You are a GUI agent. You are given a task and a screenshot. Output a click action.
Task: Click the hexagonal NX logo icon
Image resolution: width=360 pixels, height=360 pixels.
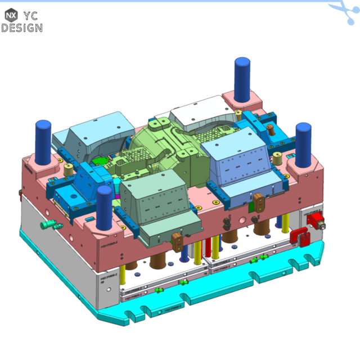tap(11, 15)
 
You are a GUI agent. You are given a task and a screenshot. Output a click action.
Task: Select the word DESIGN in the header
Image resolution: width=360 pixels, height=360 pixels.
tap(21, 28)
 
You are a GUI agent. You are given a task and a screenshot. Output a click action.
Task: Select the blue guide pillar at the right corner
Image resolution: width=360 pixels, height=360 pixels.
tap(304, 144)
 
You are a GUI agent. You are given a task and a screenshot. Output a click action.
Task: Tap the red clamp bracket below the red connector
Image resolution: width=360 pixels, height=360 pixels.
tap(301, 237)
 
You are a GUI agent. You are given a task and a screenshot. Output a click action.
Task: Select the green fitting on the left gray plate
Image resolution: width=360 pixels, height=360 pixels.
tap(49, 224)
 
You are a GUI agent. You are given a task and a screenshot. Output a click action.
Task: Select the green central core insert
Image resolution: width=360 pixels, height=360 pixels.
tap(163, 146)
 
